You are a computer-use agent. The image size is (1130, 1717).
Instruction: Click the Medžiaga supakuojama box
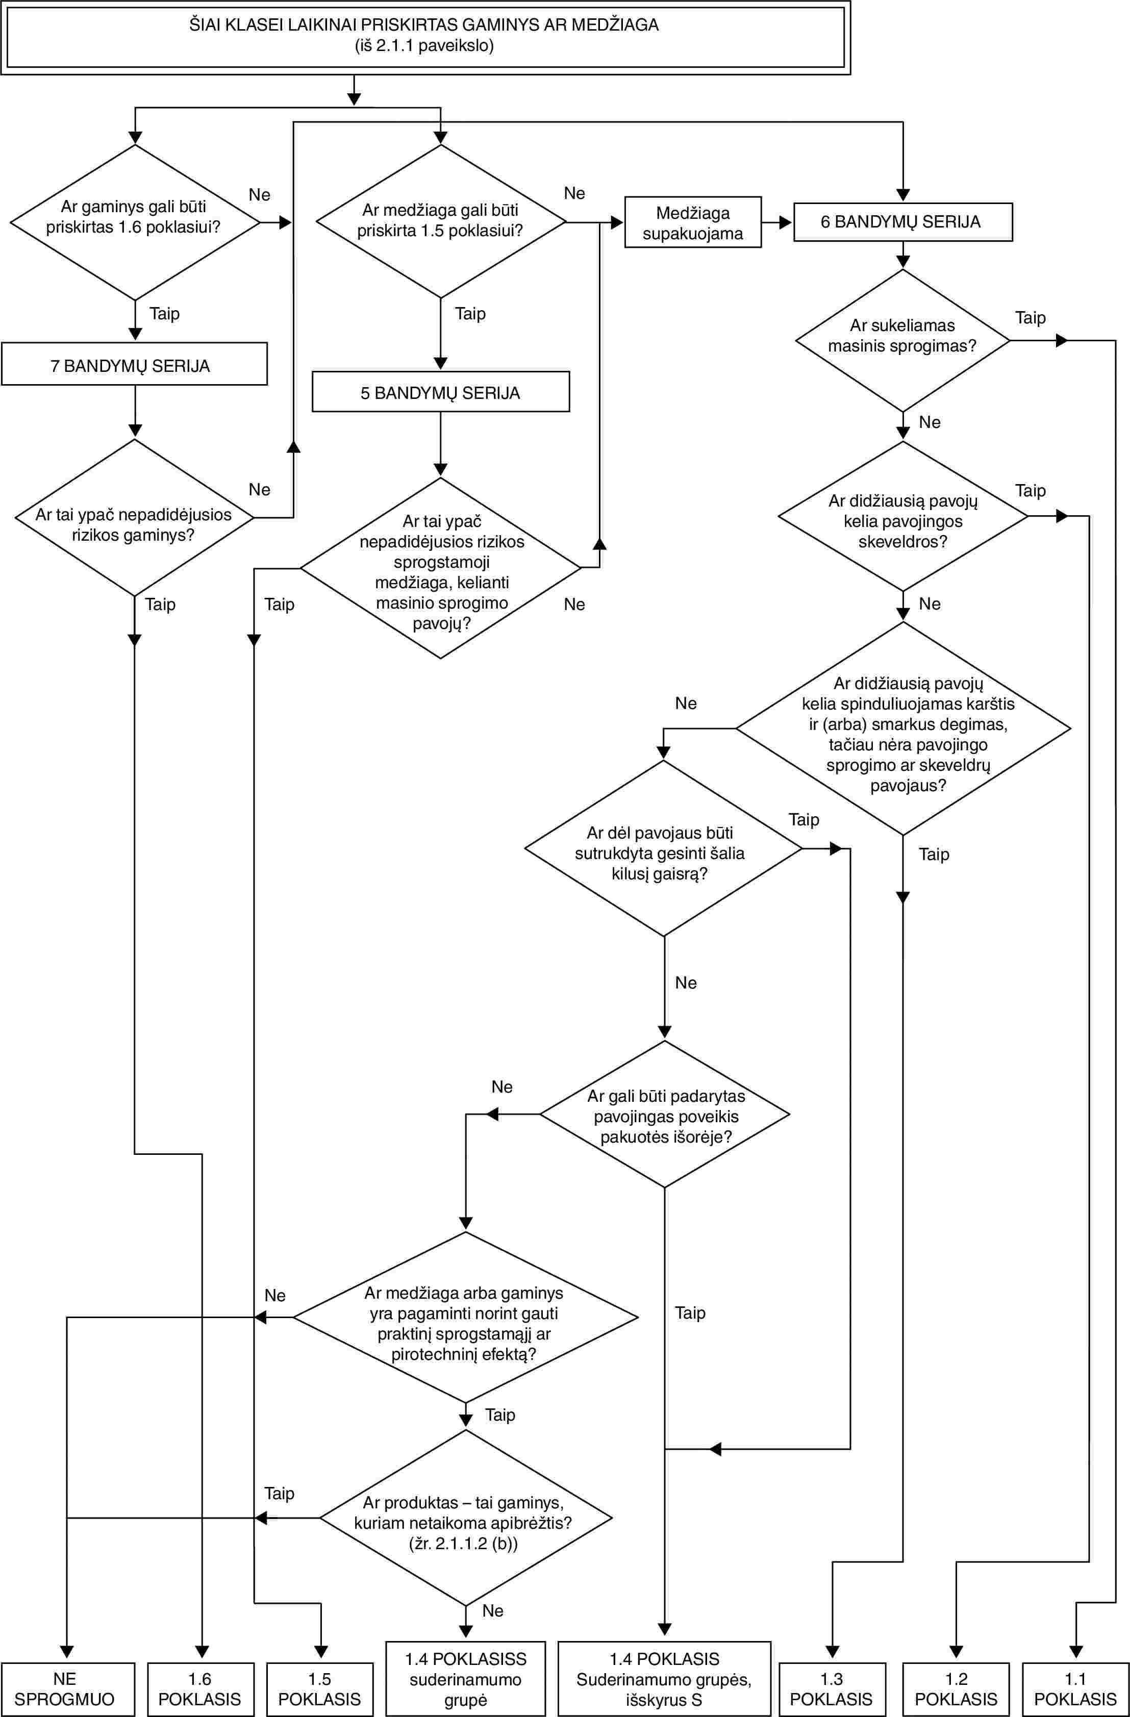pyautogui.click(x=693, y=222)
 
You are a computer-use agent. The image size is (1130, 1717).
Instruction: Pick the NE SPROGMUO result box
pyautogui.click(x=68, y=1689)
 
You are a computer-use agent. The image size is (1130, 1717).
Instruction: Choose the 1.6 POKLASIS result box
pyautogui.click(x=200, y=1689)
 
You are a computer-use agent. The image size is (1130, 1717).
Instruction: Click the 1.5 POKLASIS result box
pyautogui.click(x=320, y=1689)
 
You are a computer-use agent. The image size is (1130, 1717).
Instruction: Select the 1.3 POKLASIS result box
pyautogui.click(x=832, y=1689)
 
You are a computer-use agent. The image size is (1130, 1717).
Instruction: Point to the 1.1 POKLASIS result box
pyautogui.click(x=1076, y=1689)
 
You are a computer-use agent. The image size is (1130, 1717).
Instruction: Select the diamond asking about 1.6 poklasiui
pyautogui.click(x=135, y=222)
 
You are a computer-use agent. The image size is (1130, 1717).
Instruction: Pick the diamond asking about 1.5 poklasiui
pyautogui.click(x=441, y=221)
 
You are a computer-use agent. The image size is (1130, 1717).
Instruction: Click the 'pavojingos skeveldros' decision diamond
pyautogui.click(x=902, y=516)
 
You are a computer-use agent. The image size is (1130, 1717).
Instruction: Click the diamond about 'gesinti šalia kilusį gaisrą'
pyautogui.click(x=664, y=848)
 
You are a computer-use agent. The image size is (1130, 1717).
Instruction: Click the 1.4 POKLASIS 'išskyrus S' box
pyautogui.click(x=665, y=1679)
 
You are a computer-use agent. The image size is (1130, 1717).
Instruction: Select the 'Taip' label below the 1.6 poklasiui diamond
pyautogui.click(x=164, y=314)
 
